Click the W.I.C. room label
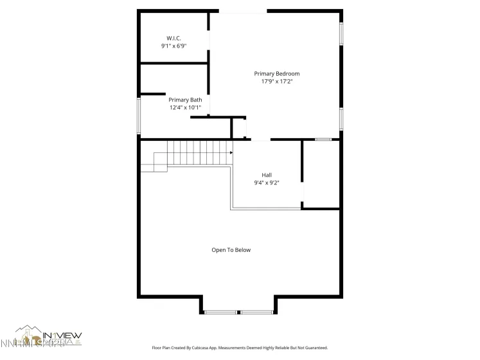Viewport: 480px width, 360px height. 173,38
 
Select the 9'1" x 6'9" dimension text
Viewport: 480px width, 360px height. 173,46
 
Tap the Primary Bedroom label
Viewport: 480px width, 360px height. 277,74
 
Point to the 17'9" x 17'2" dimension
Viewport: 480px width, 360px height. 277,82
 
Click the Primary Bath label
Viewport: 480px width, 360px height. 185,100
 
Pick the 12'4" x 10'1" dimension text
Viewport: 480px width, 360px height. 185,107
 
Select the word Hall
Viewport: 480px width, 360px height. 267,175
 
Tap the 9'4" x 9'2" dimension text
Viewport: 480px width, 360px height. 267,183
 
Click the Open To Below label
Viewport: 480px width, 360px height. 231,250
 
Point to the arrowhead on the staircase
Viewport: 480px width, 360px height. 231,153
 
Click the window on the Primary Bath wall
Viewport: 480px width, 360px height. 139,116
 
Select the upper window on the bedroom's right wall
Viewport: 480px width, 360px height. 341,33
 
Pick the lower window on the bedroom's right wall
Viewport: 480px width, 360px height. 341,118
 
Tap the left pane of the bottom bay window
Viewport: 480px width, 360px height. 221,312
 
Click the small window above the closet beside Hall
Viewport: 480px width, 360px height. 323,139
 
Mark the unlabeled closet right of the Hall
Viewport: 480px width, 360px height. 321,174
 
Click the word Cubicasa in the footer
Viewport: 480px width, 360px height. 204,347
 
